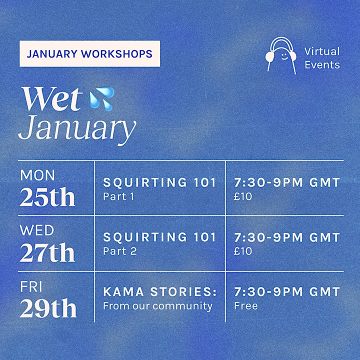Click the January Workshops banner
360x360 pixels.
89,53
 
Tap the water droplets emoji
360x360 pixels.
102,98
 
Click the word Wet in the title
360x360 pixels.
52,99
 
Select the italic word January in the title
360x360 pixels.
77,129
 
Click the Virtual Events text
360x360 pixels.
322,58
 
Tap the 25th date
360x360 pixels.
47,197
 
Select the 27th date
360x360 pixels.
47,252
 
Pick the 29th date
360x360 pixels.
48,308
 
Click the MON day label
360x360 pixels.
37,175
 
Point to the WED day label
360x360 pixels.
36,230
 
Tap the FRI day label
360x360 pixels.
31,287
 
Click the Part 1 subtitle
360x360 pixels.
118,196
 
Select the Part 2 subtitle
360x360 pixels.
120,251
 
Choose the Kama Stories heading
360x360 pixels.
160,292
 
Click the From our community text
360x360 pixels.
157,306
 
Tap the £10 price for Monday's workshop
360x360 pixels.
243,196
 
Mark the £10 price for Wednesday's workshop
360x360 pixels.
243,251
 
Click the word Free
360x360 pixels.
246,306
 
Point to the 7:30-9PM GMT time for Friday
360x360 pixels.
287,292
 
